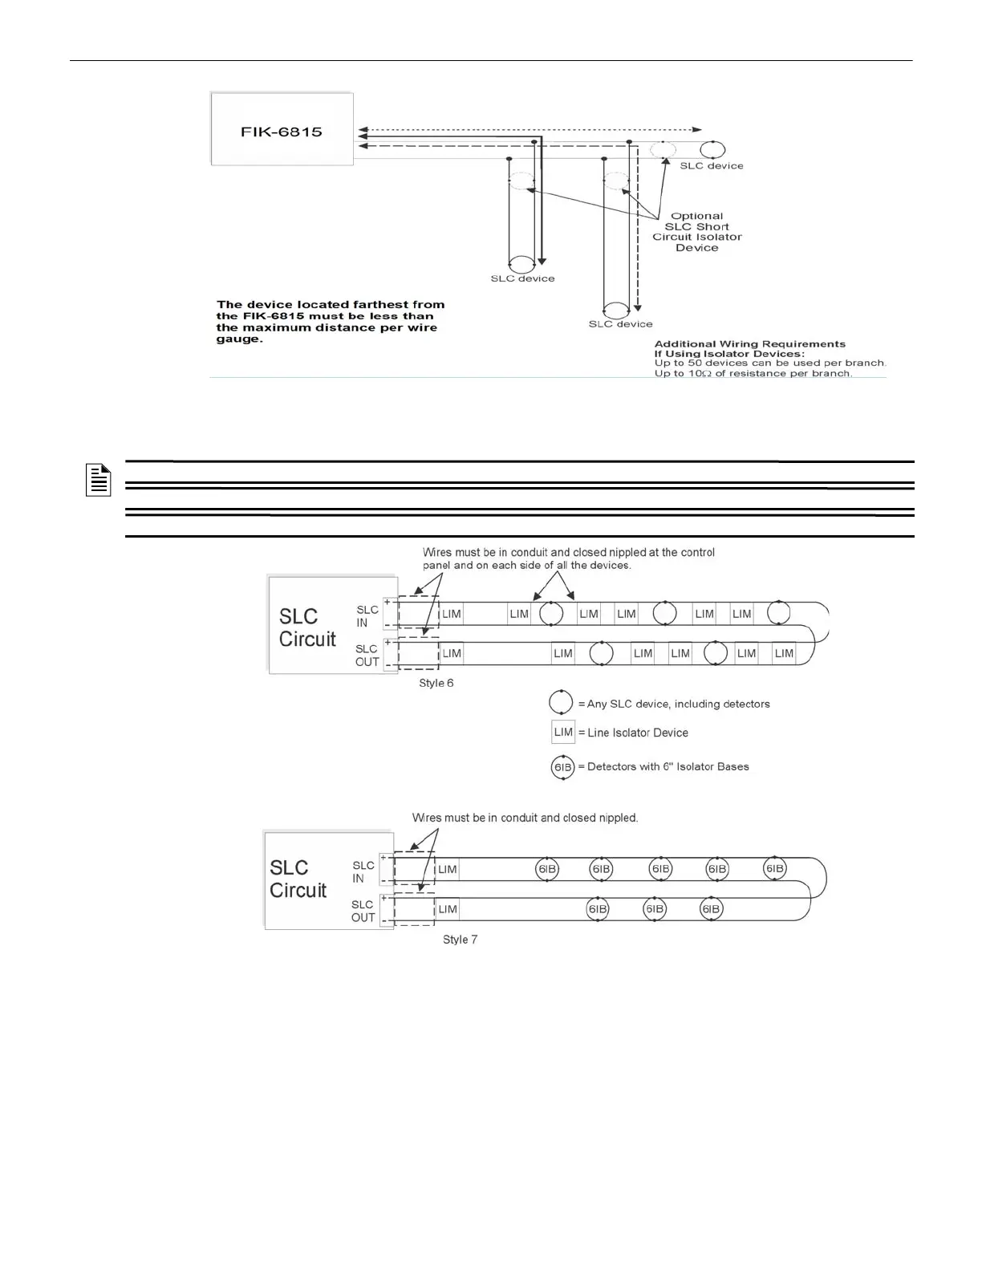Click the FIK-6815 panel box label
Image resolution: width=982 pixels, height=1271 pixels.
[282, 132]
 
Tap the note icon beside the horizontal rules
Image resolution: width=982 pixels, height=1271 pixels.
[98, 480]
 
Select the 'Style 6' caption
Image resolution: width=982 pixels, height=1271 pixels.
[436, 683]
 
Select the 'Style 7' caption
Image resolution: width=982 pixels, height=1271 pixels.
[460, 939]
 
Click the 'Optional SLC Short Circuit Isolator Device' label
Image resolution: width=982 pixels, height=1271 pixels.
[696, 232]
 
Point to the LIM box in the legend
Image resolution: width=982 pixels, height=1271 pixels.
[563, 732]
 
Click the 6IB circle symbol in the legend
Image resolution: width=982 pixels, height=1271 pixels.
[563, 767]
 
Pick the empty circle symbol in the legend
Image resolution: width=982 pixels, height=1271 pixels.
[561, 702]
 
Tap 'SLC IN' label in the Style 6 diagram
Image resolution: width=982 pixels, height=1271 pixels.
[367, 616]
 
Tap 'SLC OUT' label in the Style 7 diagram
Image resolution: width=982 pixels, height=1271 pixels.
[363, 911]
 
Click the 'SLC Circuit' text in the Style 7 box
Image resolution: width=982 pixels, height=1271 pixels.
[298, 879]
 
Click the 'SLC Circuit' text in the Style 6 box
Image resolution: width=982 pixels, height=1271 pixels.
[307, 627]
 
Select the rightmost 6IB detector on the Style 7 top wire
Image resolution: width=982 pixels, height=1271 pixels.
[774, 868]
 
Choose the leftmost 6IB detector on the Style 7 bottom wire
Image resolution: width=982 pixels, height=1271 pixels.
[598, 909]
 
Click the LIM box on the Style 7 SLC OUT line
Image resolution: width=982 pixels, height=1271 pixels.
[448, 909]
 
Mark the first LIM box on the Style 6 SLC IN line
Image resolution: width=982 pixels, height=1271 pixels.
[452, 614]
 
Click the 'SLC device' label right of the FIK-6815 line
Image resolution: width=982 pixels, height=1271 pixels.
[712, 166]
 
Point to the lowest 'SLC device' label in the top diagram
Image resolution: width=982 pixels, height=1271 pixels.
[620, 324]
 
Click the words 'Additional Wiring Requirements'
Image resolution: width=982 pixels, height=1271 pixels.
[749, 344]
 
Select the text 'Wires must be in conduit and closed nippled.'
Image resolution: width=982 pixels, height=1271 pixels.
[525, 818]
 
